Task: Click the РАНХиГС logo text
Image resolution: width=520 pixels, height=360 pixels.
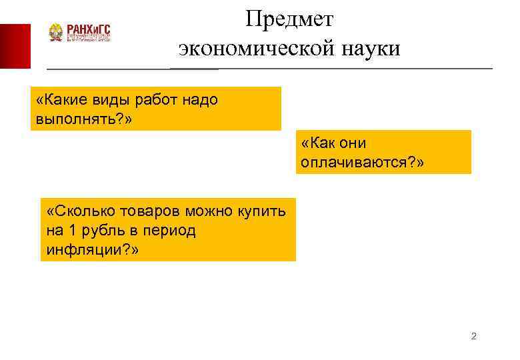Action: pos(89,29)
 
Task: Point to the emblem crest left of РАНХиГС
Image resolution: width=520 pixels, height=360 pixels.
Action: pos(57,33)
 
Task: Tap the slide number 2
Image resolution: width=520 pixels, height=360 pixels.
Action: pos(473,336)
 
